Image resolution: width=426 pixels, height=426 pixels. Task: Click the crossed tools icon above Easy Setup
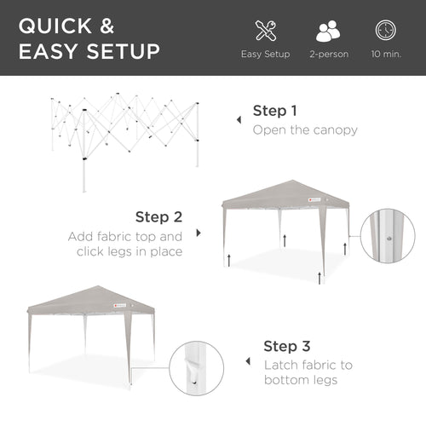[x=265, y=31]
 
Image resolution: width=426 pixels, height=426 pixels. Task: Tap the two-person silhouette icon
[x=328, y=31]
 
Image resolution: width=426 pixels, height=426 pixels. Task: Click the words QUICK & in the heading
[x=72, y=25]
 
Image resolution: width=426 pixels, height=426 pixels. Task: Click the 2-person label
[x=328, y=55]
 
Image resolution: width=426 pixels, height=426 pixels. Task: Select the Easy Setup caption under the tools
[x=265, y=55]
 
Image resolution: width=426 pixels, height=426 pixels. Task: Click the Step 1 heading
[x=275, y=111]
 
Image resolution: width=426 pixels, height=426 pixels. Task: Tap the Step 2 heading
[x=158, y=217]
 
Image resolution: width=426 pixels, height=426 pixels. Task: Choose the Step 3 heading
[x=286, y=346]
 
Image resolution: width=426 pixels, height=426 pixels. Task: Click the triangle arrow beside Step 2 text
[x=199, y=233]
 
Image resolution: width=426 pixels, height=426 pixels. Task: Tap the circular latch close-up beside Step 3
[x=196, y=367]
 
